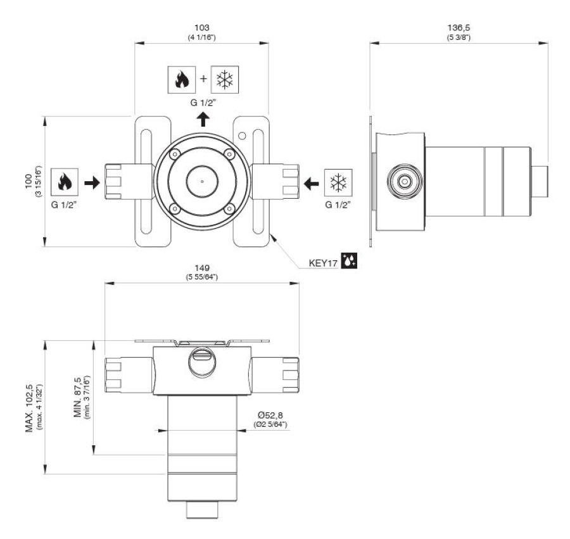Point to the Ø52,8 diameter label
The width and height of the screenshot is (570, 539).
point(270,414)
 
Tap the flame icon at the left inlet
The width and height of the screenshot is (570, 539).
point(66,182)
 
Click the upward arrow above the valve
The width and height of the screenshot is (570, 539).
point(202,119)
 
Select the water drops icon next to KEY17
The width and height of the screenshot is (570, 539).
point(350,260)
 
